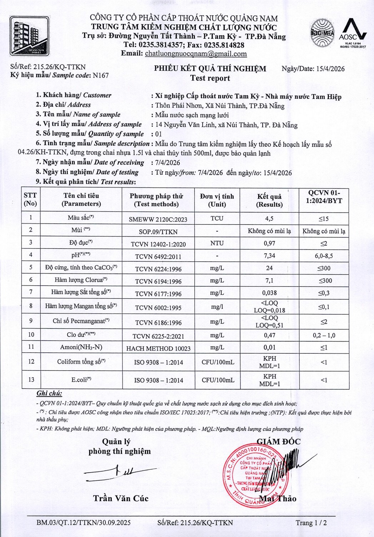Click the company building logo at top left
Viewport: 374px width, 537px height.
[x=29, y=36]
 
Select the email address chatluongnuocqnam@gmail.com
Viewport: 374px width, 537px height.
[x=196, y=54]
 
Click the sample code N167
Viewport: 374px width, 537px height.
[x=100, y=76]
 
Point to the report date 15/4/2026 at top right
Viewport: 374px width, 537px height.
[x=330, y=69]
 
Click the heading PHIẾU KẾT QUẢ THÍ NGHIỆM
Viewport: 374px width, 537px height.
[x=210, y=69]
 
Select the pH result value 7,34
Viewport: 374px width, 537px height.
[x=269, y=256]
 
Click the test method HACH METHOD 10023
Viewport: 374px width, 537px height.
[x=158, y=348]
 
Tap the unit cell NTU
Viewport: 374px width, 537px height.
[x=217, y=243]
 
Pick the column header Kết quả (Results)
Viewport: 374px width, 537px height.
[x=269, y=200]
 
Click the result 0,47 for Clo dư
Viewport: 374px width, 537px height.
[x=269, y=335]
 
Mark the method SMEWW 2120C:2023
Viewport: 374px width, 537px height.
[x=158, y=219]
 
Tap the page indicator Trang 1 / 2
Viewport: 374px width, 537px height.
[x=311, y=523]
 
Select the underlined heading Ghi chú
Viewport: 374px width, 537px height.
[x=49, y=393]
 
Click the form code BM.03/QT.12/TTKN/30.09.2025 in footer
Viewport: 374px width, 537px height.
[x=84, y=523]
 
